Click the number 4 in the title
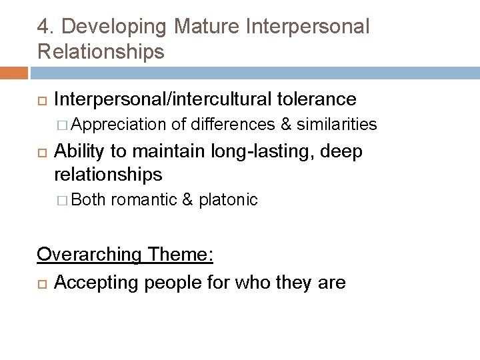coord(43,27)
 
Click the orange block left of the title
coord(13,73)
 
